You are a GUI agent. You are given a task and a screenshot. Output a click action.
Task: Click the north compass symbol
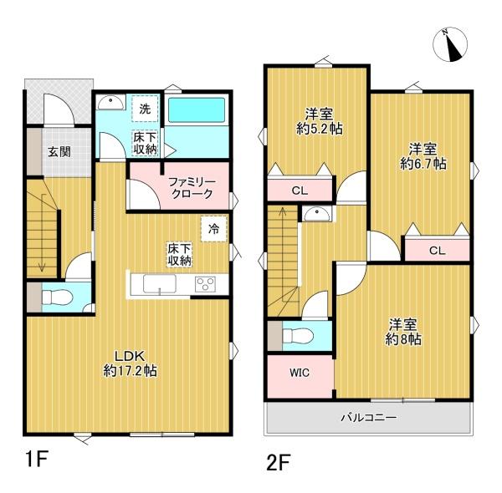click(450, 44)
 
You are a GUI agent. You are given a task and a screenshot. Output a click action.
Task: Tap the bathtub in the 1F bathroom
click(197, 109)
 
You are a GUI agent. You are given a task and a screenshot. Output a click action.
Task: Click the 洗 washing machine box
click(145, 109)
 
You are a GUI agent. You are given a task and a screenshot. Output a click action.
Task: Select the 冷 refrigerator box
click(213, 229)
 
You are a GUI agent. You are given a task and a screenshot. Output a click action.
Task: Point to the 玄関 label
click(59, 151)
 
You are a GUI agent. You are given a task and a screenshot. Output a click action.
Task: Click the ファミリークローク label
click(192, 188)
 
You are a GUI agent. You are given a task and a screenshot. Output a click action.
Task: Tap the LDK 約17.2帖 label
click(130, 363)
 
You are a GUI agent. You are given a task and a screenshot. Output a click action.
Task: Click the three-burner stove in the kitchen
click(205, 284)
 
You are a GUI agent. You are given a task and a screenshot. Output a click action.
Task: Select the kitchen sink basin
click(160, 283)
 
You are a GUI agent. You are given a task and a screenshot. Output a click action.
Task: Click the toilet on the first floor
click(57, 297)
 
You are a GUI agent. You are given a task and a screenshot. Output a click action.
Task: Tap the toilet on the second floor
click(298, 336)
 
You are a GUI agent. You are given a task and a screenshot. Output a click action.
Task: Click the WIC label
click(300, 373)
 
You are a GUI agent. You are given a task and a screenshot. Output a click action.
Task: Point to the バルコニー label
click(368, 418)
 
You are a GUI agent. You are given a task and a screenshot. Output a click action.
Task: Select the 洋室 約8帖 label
click(403, 332)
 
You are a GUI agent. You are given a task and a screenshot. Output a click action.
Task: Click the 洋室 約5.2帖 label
click(320, 121)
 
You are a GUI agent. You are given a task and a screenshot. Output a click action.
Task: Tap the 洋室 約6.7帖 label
click(423, 156)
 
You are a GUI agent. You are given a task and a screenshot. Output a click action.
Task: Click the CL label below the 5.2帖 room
click(300, 191)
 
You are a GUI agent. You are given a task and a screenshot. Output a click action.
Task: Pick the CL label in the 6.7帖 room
click(438, 251)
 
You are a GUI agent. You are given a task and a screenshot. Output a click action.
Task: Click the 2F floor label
click(279, 463)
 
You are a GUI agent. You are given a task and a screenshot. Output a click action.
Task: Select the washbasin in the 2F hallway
click(316, 214)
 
